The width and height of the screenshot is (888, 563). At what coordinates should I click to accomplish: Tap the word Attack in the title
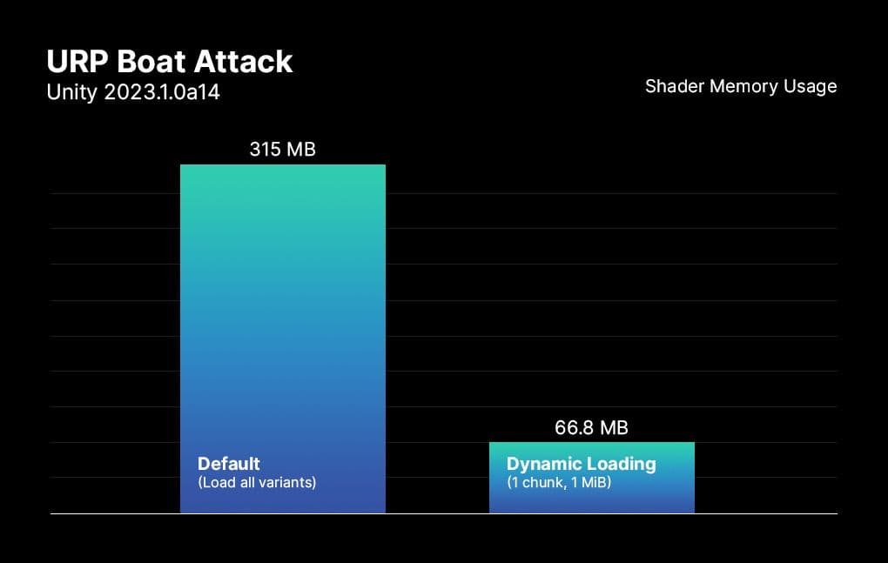click(x=248, y=62)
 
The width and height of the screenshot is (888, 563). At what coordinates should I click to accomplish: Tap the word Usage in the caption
click(x=811, y=86)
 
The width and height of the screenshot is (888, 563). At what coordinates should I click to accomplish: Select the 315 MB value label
click(x=282, y=149)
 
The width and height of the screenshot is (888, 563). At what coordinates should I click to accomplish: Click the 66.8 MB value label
click(x=591, y=427)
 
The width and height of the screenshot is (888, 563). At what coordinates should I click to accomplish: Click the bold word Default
click(x=229, y=463)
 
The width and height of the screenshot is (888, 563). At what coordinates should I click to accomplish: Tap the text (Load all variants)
click(x=257, y=481)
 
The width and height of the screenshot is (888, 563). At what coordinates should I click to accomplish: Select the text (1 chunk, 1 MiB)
click(x=559, y=481)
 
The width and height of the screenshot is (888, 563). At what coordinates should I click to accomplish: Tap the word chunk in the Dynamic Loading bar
click(x=542, y=481)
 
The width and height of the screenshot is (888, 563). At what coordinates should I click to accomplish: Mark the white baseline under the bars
click(x=444, y=514)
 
